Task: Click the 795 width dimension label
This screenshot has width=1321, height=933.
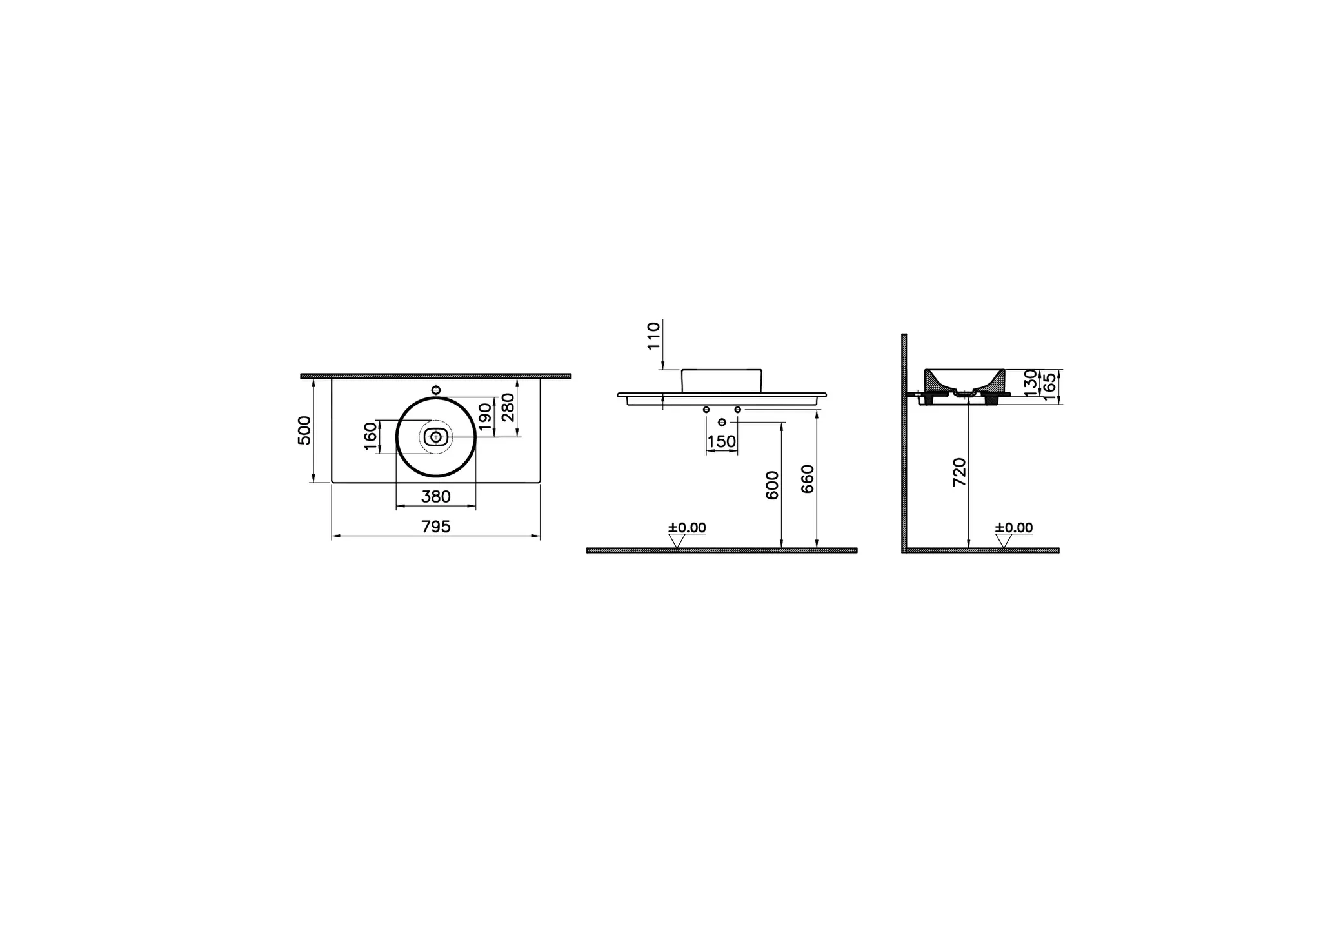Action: pos(435,527)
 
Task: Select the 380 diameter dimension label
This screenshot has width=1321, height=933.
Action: pos(435,497)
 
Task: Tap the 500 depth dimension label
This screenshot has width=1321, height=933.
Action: pos(304,430)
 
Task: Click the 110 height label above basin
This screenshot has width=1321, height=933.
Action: pos(654,336)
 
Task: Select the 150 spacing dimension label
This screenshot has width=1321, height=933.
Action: pos(721,442)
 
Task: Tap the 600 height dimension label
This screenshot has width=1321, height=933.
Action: pos(772,485)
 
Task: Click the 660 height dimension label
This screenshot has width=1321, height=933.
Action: pos(808,479)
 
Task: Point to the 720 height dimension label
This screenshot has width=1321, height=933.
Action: pos(960,472)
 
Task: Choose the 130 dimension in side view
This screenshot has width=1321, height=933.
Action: pos(1030,382)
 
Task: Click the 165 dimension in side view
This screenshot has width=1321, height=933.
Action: pos(1049,386)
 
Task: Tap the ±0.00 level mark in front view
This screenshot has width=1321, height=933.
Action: pos(687,528)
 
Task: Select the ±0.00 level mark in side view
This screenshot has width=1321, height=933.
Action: pos(1014,528)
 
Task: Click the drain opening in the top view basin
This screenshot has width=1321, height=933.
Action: pos(436,437)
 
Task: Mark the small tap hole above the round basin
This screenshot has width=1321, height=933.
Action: pos(436,390)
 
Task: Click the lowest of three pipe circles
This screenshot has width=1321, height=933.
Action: pos(722,422)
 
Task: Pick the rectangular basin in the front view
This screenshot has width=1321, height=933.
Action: pos(721,381)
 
